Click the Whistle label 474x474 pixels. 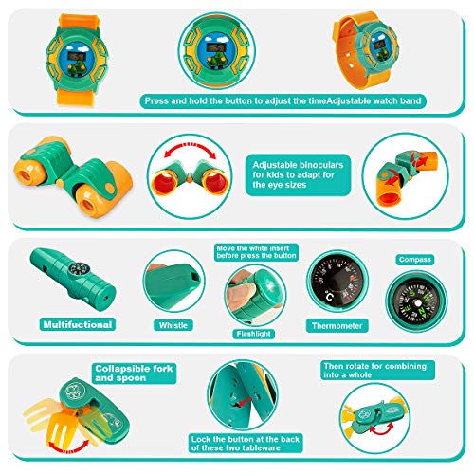173,325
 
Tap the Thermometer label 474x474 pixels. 337,325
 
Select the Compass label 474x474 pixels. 414,260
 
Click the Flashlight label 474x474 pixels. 253,334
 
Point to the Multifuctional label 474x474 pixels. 78,324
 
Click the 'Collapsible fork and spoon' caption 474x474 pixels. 134,374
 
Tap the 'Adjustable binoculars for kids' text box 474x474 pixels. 298,174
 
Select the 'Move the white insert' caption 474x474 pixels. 256,252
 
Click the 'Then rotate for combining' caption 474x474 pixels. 378,371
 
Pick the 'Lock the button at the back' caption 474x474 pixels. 246,444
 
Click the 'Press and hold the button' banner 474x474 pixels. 283,101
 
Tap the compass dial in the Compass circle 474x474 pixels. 416,302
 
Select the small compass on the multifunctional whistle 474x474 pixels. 78,269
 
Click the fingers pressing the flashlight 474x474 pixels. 241,292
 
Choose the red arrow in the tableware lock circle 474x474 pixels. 245,402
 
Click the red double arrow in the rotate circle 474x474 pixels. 382,428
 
